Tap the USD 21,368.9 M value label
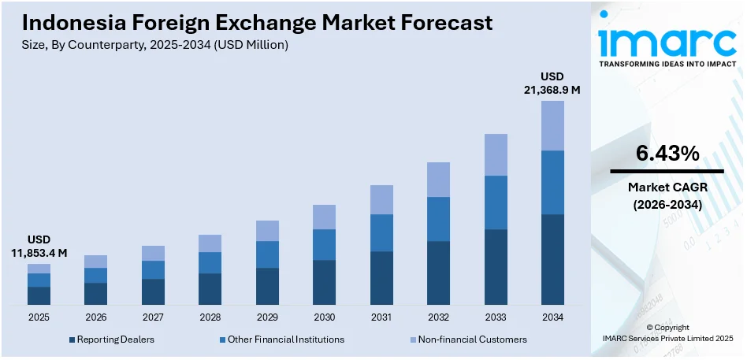[552, 83]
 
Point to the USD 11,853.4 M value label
[39, 246]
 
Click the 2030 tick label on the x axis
[324, 317]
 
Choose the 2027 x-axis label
[153, 317]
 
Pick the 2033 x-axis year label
[496, 317]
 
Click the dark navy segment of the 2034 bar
[552, 259]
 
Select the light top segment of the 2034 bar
[552, 125]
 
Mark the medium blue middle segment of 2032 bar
[438, 219]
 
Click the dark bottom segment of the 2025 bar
[39, 295]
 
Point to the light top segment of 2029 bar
[267, 231]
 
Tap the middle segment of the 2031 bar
[381, 232]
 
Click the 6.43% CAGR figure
[667, 154]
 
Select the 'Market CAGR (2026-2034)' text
[667, 196]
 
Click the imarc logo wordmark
[667, 39]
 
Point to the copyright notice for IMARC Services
[667, 332]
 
